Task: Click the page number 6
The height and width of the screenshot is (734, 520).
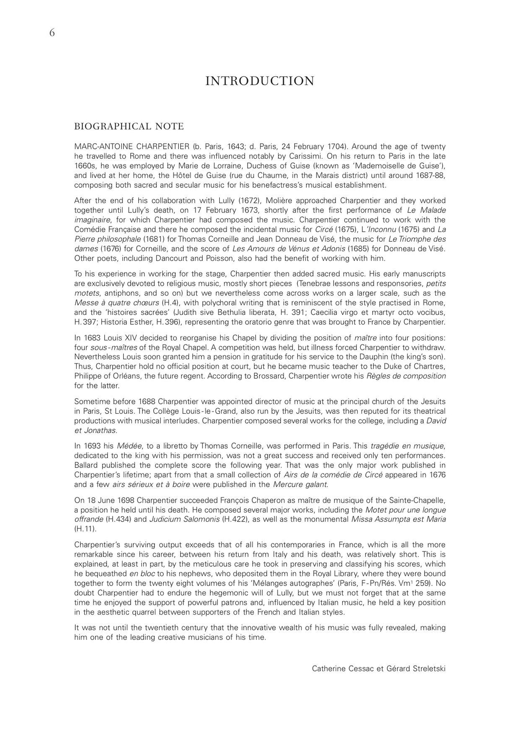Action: pos(52,33)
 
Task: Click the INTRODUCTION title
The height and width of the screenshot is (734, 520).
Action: pos(260,81)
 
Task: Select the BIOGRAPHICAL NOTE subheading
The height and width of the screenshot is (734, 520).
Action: pos(129,127)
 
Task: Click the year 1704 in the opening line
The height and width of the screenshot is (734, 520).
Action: pos(336,146)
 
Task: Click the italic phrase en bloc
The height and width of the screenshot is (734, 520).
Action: pos(142,574)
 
